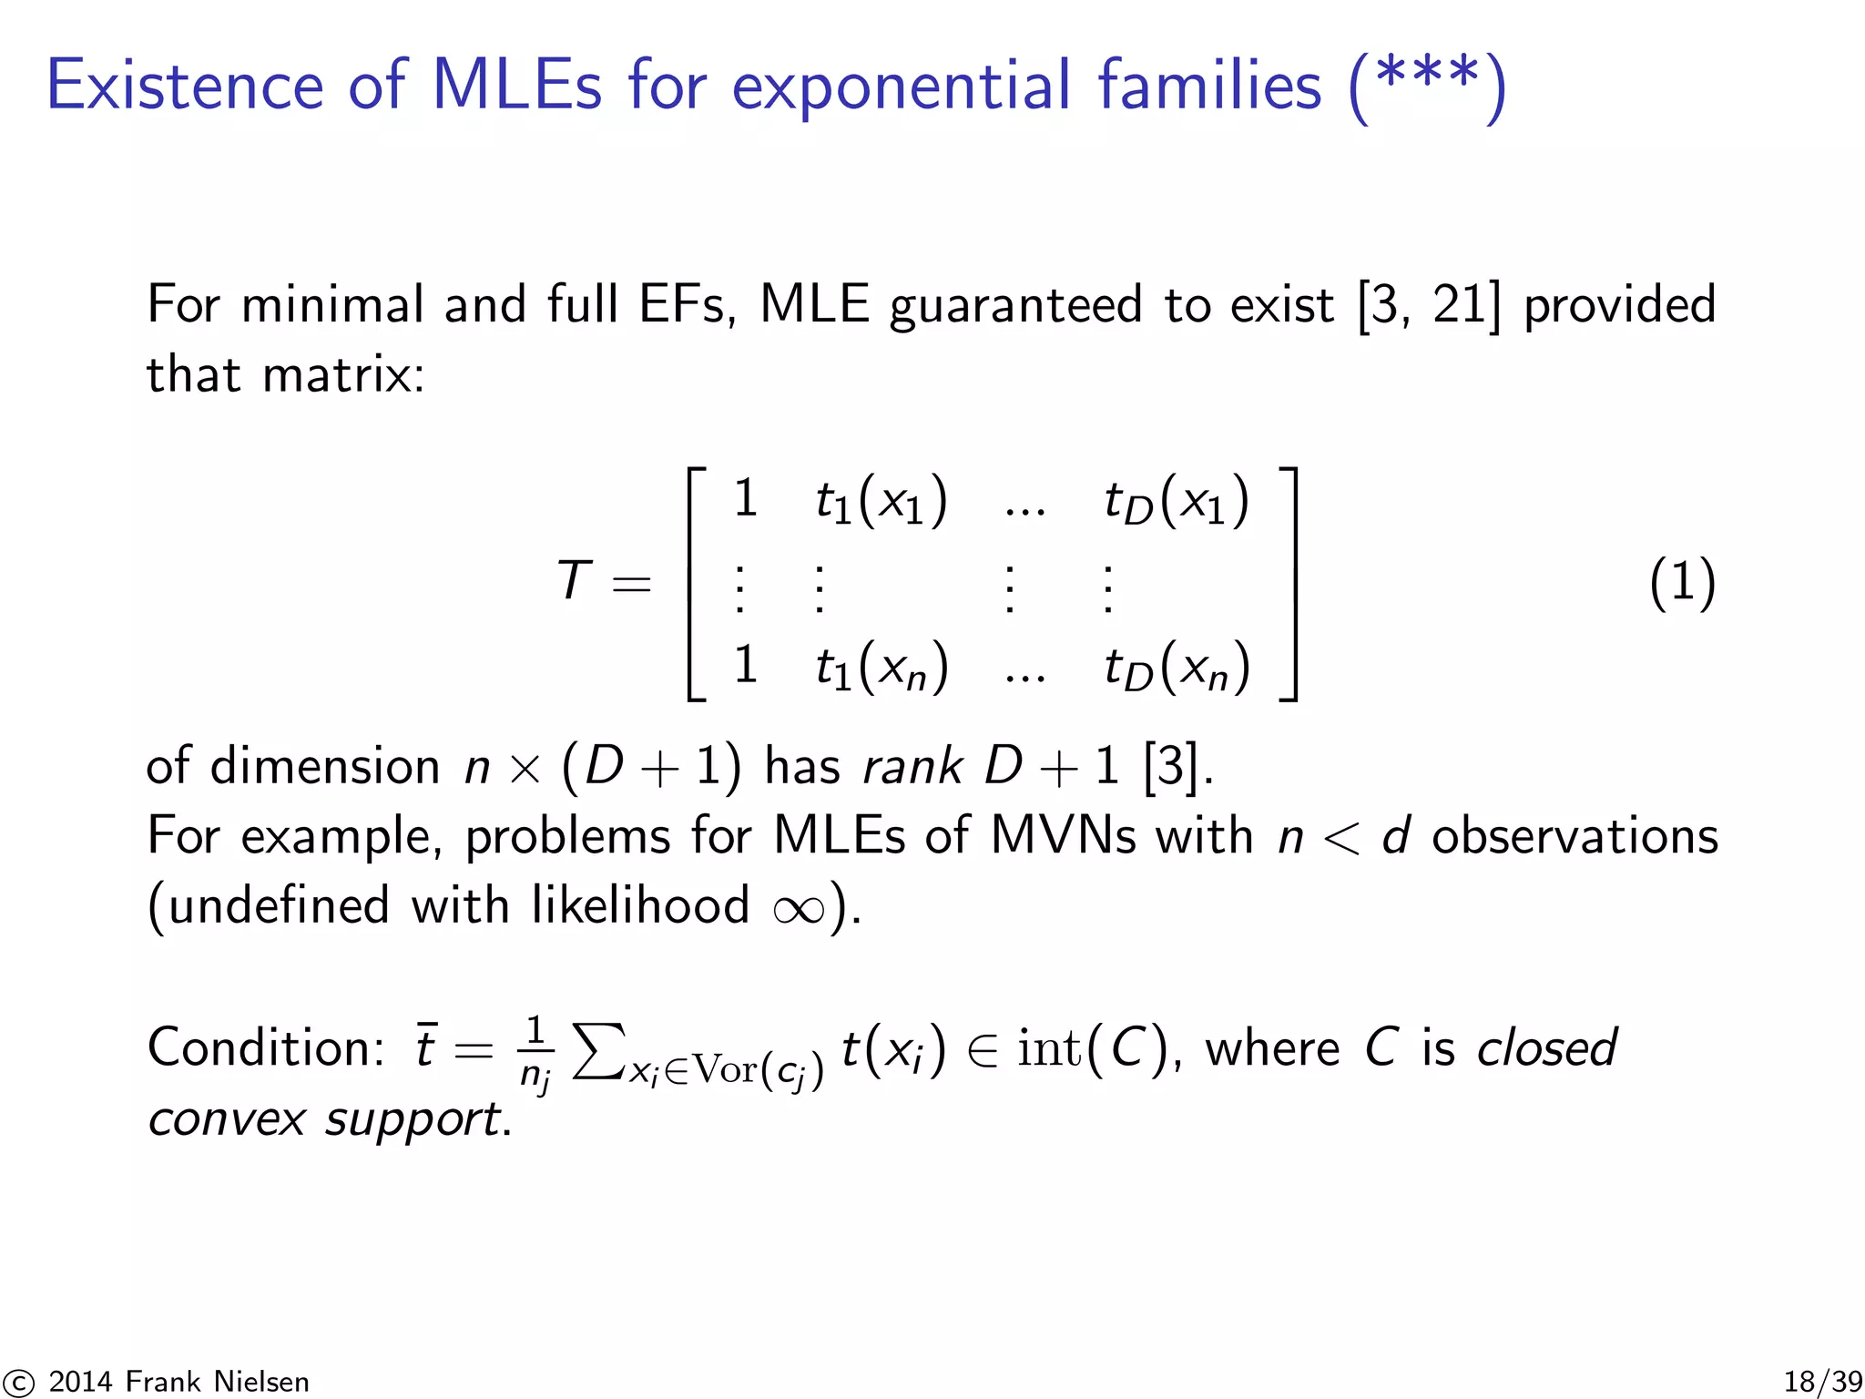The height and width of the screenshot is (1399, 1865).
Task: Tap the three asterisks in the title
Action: [x=1427, y=77]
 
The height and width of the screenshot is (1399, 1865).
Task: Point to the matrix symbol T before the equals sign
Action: [x=574, y=581]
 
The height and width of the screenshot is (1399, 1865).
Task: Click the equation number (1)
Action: [x=1681, y=583]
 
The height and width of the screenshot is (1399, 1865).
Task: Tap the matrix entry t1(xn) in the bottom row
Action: [x=881, y=667]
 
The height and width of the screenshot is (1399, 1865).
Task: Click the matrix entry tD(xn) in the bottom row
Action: [x=1176, y=667]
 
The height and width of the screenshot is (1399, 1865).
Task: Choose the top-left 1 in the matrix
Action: [x=745, y=498]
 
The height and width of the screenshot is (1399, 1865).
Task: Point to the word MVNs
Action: [x=1063, y=836]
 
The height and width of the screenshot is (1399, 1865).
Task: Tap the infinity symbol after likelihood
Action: [x=799, y=908]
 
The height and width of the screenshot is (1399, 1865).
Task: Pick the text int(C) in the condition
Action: [x=1091, y=1048]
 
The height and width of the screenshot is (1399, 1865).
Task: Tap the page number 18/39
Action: [x=1822, y=1382]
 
